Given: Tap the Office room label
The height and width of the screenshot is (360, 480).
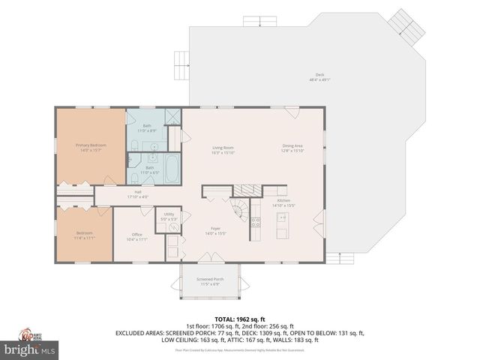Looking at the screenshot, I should coord(137,235).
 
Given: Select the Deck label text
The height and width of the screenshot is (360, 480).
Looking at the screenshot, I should coord(320,76).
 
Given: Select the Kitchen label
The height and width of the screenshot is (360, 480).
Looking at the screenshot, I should coord(283,200).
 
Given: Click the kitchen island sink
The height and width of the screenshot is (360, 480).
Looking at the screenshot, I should coord(283,219).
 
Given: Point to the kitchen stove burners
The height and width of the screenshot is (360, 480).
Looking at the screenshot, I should coord(255,220).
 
